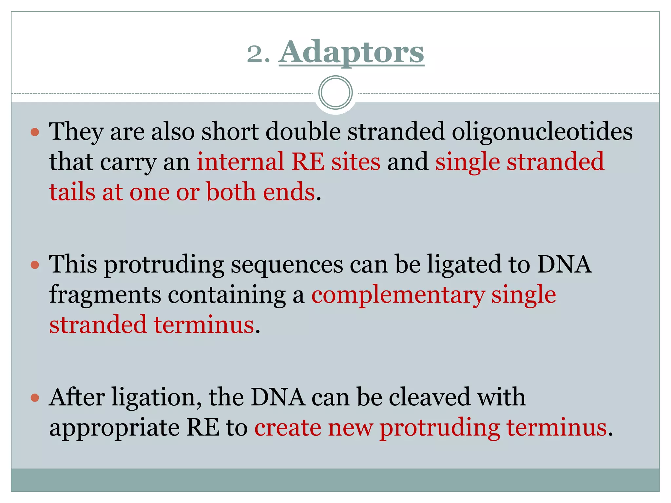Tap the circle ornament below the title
[335, 92]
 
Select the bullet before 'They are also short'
[35, 132]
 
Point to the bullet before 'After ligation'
[35, 398]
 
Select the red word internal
[240, 162]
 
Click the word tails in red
[72, 192]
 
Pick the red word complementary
[397, 295]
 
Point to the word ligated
[464, 265]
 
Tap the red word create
[287, 428]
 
